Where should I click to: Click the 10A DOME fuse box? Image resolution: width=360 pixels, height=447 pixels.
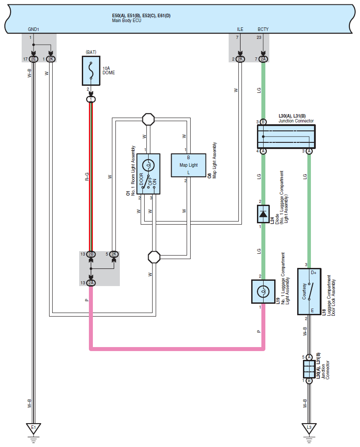tap(91, 71)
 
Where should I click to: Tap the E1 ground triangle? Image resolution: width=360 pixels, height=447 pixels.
tap(33, 428)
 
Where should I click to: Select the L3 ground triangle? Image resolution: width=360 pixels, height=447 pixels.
tap(309, 428)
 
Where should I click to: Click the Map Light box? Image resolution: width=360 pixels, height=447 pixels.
tap(188, 165)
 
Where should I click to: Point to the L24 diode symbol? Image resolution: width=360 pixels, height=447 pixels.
tap(263, 214)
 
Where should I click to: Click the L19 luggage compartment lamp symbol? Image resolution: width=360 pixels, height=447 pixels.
tap(263, 292)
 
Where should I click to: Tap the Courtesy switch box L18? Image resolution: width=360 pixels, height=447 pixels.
tap(309, 291)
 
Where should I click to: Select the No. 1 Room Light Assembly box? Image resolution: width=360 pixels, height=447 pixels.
tap(148, 174)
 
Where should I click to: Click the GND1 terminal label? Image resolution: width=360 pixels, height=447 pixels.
tap(33, 29)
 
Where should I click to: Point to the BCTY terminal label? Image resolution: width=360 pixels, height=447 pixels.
tap(263, 29)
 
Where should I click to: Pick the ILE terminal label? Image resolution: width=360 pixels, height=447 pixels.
tap(240, 29)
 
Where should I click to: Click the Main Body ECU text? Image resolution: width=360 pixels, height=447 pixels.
tap(126, 20)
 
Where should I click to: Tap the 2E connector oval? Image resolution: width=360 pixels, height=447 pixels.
tap(33, 59)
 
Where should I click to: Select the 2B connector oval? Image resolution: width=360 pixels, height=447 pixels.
tap(91, 254)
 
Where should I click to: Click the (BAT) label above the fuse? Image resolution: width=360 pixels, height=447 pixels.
tap(91, 52)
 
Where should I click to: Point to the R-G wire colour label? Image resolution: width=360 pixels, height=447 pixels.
tap(87, 176)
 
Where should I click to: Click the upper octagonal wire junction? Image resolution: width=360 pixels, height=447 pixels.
tap(148, 119)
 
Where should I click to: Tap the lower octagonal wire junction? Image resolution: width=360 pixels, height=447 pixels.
tap(154, 257)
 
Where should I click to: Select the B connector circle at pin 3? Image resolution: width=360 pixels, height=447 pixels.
tap(263, 122)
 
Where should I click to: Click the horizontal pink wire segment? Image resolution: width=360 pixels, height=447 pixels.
tap(177, 349)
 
